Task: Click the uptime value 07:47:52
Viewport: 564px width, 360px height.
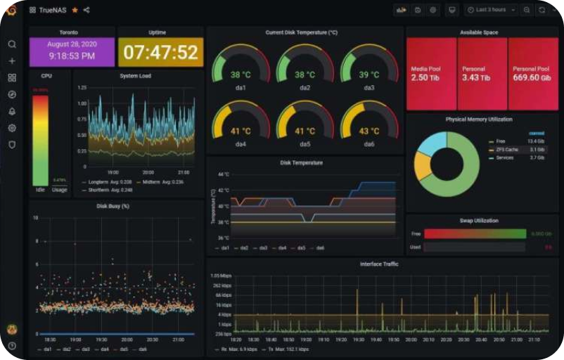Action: click(x=160, y=53)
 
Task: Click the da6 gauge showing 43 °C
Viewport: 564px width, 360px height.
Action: click(x=368, y=131)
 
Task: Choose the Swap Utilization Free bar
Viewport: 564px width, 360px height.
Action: click(x=474, y=233)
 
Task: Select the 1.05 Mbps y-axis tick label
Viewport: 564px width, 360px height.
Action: click(x=221, y=276)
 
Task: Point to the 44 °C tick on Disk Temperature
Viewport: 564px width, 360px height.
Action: click(x=222, y=174)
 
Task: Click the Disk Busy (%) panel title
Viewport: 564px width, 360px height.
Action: click(x=113, y=206)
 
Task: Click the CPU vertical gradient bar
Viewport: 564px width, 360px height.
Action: click(x=41, y=140)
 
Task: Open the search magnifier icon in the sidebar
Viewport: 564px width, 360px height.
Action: click(x=12, y=44)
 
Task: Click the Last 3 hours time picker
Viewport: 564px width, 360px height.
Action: click(x=491, y=10)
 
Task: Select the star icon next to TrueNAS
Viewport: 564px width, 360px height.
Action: click(x=75, y=10)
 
